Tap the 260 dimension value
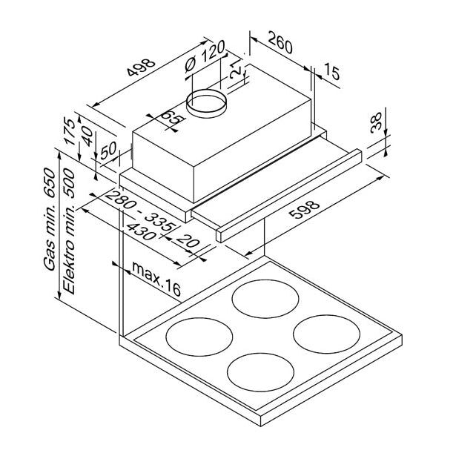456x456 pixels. click(280, 45)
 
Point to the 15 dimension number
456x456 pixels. click(331, 72)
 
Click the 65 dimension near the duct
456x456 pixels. click(171, 119)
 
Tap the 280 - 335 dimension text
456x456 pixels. click(140, 211)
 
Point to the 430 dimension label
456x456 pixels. click(142, 231)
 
